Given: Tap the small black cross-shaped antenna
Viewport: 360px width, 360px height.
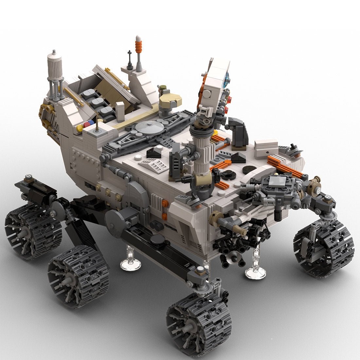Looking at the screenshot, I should click(130, 56).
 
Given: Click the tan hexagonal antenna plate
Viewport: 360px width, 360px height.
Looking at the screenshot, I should click(170, 98).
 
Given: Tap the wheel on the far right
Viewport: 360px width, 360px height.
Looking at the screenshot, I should click(324, 249).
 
